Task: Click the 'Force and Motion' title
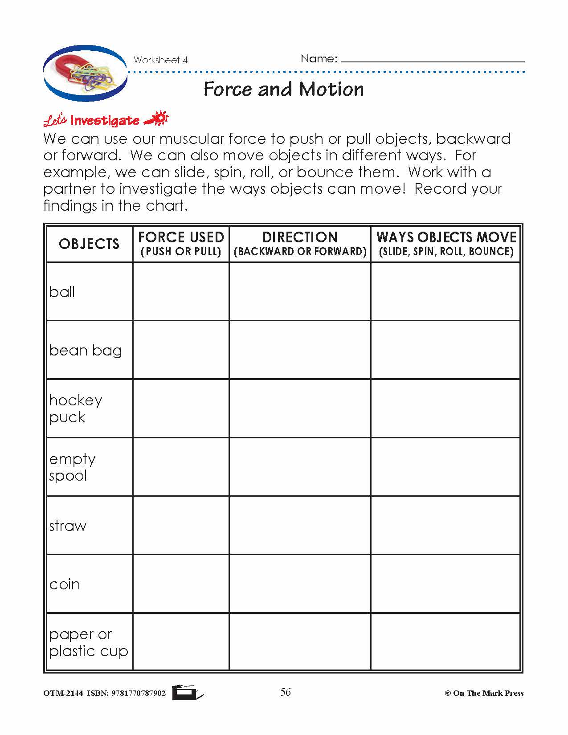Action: click(284, 89)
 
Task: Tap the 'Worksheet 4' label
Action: click(160, 60)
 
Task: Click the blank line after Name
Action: click(432, 59)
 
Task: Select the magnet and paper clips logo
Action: click(85, 73)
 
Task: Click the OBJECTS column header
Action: click(89, 244)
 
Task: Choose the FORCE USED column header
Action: click(181, 243)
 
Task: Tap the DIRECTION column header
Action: click(300, 243)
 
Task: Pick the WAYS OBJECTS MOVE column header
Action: click(446, 243)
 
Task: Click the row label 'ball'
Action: click(62, 292)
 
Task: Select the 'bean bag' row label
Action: click(85, 351)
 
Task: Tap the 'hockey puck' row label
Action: click(75, 408)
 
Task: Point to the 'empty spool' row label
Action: click(72, 467)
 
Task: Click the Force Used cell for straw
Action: click(181, 525)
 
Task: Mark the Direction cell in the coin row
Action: click(300, 584)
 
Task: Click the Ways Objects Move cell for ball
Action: click(445, 291)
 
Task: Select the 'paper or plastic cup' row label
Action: click(88, 642)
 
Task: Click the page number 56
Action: click(286, 692)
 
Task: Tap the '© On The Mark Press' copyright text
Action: click(484, 693)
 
